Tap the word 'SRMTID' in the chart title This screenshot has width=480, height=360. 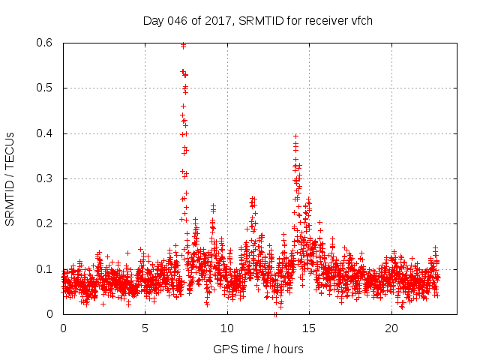pos(263,20)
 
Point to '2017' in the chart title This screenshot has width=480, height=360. pos(217,20)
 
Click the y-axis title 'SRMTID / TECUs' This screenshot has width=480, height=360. pos(10,178)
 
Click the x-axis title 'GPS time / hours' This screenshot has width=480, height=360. pos(258,349)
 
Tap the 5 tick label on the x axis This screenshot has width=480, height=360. pos(145,328)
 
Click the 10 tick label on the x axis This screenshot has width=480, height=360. pos(227,328)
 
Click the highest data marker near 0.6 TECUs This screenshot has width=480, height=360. pos(183,46)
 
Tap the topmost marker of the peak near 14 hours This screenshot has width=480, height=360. pos(296,136)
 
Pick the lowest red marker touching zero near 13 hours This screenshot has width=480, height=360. pos(275,314)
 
